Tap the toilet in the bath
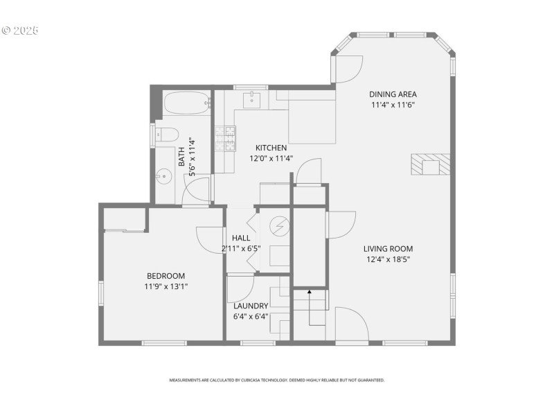pyautogui.click(x=167, y=135)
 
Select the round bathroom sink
pyautogui.click(x=164, y=176)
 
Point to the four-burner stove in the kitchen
pyautogui.click(x=226, y=138)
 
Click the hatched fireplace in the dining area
pyautogui.click(x=430, y=165)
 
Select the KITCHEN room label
pyautogui.click(x=271, y=148)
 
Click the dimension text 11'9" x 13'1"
pyautogui.click(x=166, y=286)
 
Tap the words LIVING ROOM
pyautogui.click(x=388, y=249)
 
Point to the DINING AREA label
pyautogui.click(x=393, y=94)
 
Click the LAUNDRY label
pyautogui.click(x=250, y=306)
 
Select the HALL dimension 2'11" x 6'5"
pyautogui.click(x=241, y=248)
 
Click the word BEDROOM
pyautogui.click(x=166, y=276)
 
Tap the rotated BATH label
pyautogui.click(x=181, y=156)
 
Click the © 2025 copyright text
pyautogui.click(x=20, y=31)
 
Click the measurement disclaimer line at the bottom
pyautogui.click(x=277, y=380)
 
